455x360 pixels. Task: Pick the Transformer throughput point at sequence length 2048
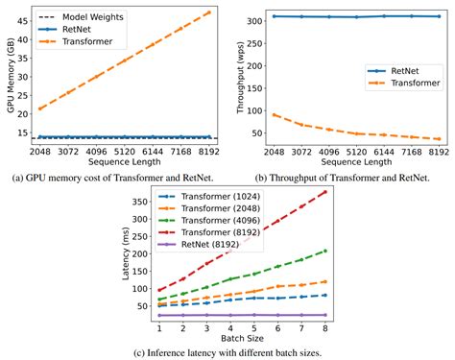pos(276,114)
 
